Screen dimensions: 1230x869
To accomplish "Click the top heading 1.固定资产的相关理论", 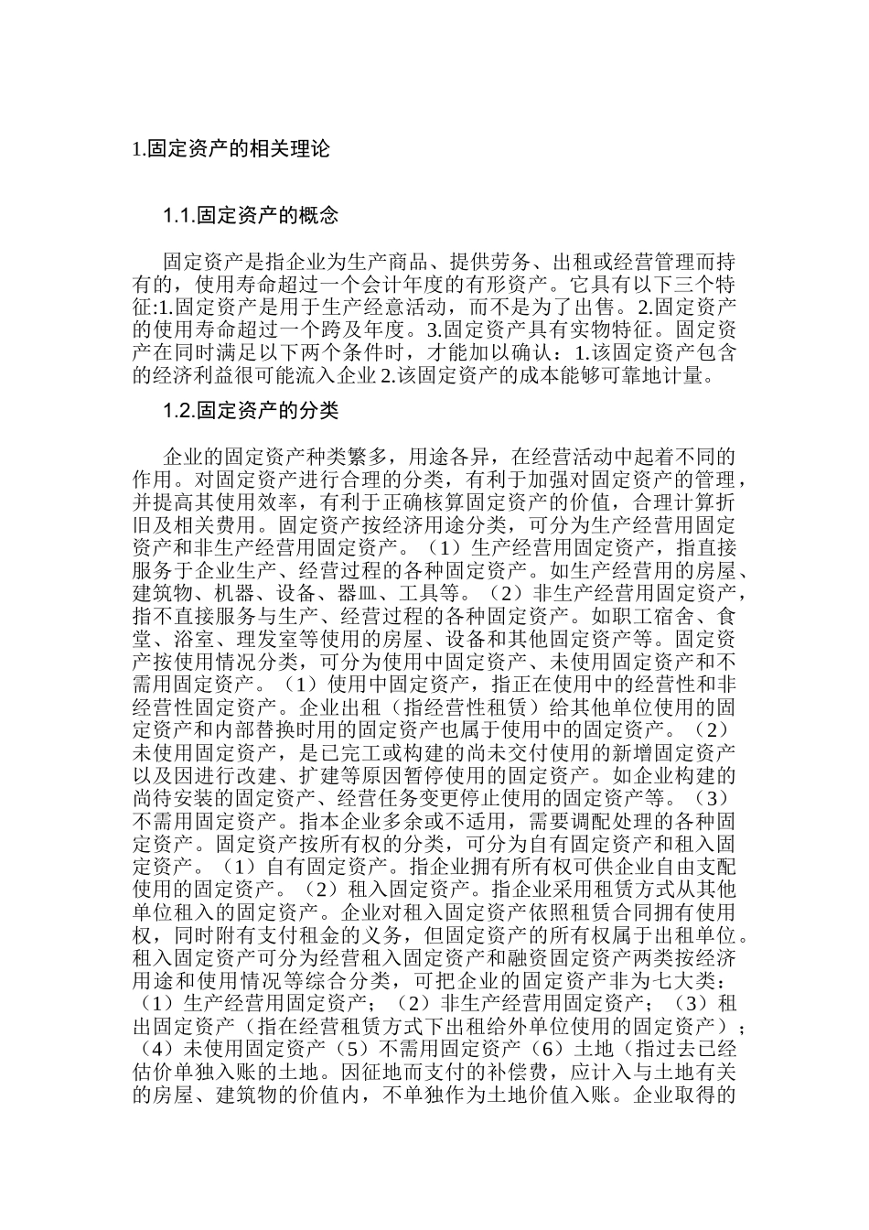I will (x=231, y=148).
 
